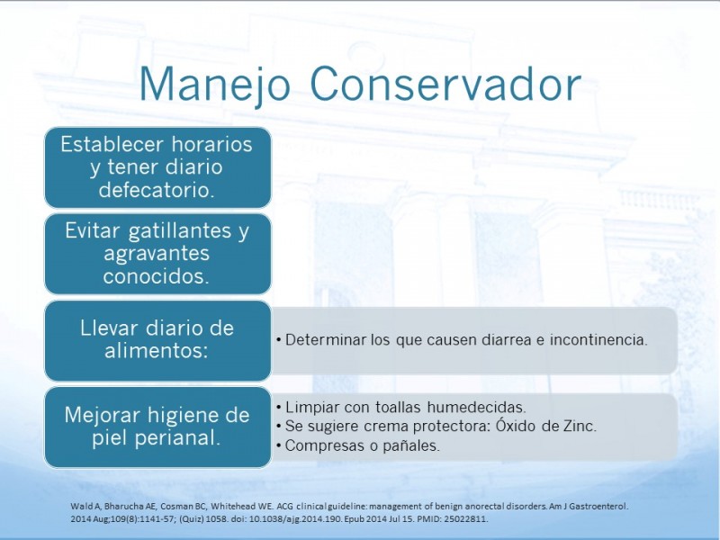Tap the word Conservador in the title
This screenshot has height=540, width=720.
445,85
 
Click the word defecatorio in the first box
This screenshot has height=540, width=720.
157,190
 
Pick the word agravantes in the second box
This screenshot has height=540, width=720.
157,254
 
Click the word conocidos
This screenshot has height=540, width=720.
156,276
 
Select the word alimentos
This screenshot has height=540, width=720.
157,351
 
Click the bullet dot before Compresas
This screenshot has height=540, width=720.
279,445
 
